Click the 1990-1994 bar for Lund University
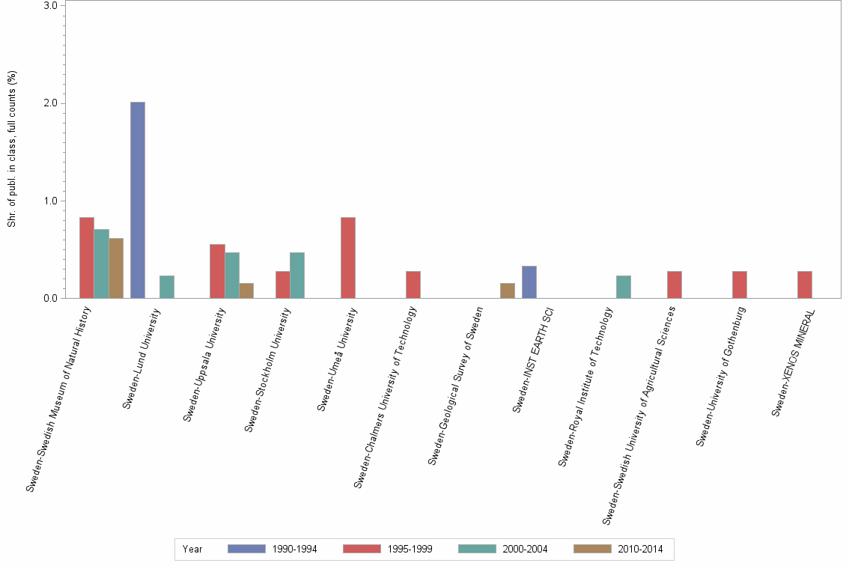coord(138,200)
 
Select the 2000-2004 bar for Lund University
coord(167,287)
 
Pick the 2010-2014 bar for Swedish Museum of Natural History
coord(116,268)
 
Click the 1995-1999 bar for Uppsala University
coord(217,271)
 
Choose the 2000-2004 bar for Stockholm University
coord(297,275)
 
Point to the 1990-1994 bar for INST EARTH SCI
coord(529,282)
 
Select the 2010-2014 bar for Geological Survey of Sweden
coord(508,290)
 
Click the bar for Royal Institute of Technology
coord(624,287)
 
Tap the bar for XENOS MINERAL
coord(805,284)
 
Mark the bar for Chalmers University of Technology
coord(413,284)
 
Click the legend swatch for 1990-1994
coord(246,549)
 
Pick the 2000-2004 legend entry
coord(525,549)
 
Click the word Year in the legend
coord(192,549)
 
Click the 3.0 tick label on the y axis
coord(51,5)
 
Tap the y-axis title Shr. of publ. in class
coord(12,150)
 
